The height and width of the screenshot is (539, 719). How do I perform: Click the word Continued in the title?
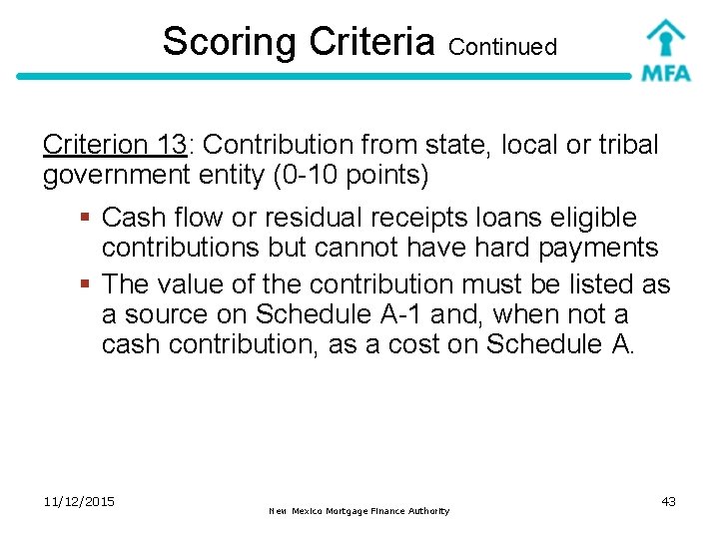click(x=502, y=46)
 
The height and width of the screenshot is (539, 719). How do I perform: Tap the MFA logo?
click(x=665, y=51)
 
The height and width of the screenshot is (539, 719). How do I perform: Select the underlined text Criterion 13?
click(x=115, y=145)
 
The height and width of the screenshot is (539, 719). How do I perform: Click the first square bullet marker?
click(x=87, y=218)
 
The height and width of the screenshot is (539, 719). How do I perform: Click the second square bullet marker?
click(x=87, y=285)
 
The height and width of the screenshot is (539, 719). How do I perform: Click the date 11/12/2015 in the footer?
click(x=80, y=501)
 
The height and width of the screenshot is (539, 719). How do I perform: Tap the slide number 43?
click(x=668, y=501)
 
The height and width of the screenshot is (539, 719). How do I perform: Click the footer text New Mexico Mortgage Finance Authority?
click(x=359, y=511)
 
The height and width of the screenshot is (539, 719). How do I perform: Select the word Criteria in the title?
click(x=372, y=42)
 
